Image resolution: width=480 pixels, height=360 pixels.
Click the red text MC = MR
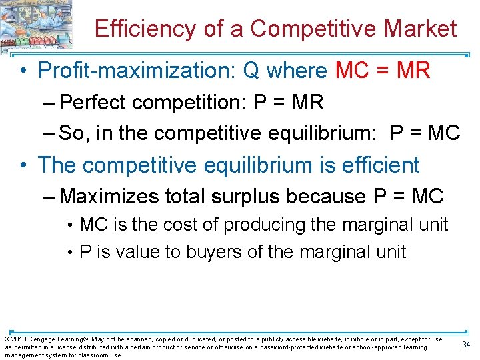tap(383, 70)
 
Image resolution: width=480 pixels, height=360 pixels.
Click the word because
tap(326, 196)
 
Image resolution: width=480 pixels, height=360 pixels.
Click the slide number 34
tap(466, 344)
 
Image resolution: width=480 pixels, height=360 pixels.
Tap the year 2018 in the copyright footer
tap(17, 339)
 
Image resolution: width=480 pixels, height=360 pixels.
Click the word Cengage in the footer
tap(39, 339)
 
